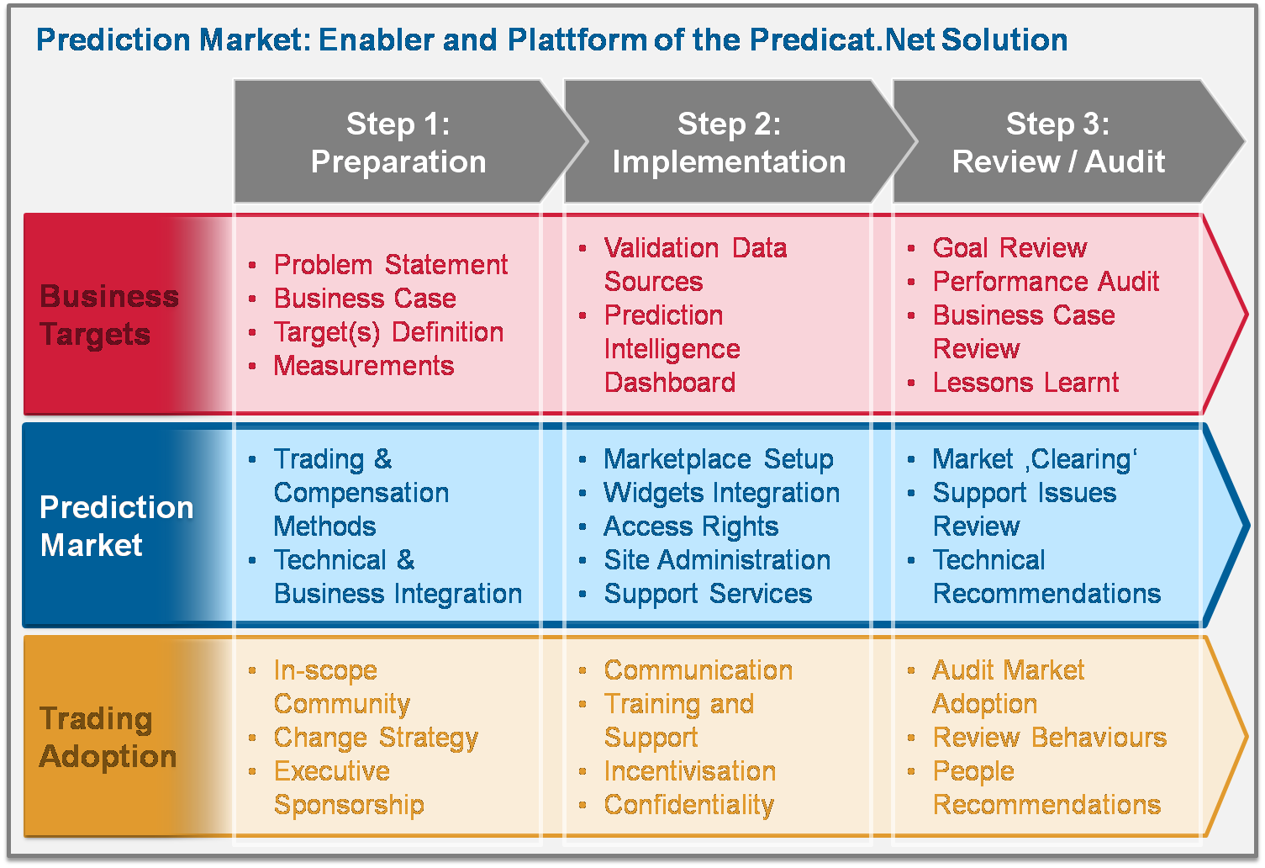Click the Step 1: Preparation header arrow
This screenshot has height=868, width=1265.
click(398, 141)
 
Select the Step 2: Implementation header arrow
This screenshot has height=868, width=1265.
click(730, 141)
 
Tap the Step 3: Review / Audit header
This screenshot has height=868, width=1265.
click(1058, 141)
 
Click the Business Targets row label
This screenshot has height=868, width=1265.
click(109, 315)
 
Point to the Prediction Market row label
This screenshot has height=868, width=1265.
click(116, 527)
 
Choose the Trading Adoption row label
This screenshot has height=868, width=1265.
click(108, 738)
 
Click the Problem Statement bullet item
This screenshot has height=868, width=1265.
click(391, 264)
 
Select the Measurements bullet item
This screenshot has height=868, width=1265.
click(364, 366)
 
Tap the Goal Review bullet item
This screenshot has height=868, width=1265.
click(1009, 247)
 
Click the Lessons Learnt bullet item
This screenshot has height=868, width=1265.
click(1025, 383)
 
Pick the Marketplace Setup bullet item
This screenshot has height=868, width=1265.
click(719, 459)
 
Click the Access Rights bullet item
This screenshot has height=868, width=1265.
click(691, 527)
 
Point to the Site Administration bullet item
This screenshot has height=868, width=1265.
click(717, 560)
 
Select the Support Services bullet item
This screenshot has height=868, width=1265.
click(708, 594)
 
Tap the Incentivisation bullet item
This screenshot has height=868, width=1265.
click(689, 771)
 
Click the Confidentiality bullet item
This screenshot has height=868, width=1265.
click(689, 805)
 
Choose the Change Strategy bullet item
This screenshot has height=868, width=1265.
click(376, 738)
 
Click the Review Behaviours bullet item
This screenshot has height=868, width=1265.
click(1049, 738)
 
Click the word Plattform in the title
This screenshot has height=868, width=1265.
click(577, 40)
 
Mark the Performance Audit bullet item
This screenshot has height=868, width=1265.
click(1046, 282)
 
